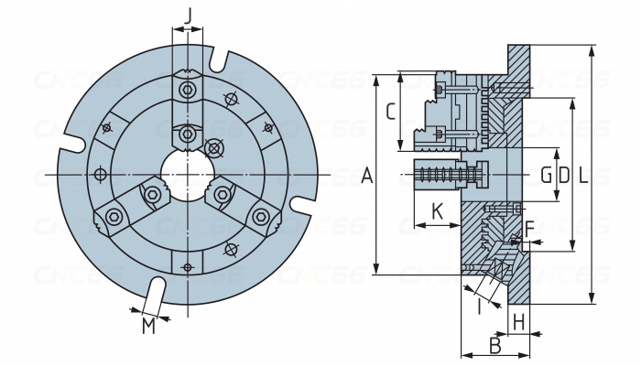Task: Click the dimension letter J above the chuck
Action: tap(188, 15)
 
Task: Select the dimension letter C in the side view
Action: tap(390, 112)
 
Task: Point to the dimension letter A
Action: tap(367, 175)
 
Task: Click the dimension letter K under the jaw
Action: tap(437, 210)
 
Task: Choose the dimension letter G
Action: tap(546, 174)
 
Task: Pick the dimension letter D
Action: tap(563, 174)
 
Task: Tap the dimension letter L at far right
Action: tap(583, 174)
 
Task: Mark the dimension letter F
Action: tap(528, 226)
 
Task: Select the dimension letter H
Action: tap(518, 321)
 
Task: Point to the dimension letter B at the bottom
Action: tap(494, 346)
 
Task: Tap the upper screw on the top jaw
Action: tap(188, 90)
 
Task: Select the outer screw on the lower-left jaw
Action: tap(114, 216)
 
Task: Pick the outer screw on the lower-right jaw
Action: tap(262, 216)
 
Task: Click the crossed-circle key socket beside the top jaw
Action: tap(215, 146)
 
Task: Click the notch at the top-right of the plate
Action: tap(218, 60)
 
